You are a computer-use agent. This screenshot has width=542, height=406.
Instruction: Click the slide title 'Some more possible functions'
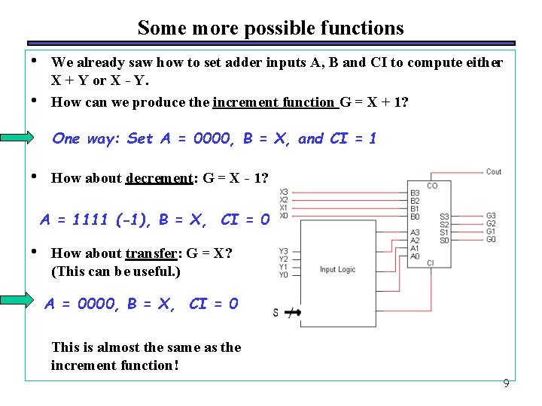270,29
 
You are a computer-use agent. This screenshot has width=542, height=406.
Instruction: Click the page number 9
506,383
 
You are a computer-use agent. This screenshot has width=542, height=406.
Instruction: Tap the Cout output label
494,171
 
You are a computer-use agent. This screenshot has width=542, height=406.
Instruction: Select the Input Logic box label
338,269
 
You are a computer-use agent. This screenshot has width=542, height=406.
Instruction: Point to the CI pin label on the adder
431,262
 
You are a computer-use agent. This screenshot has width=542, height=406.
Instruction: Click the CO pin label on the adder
432,186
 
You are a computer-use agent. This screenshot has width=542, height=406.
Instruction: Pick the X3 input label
283,192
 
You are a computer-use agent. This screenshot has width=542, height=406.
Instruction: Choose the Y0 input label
283,275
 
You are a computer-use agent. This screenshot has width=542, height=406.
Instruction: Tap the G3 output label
492,216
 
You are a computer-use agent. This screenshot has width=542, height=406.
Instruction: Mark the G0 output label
492,240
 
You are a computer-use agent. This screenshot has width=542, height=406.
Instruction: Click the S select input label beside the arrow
276,312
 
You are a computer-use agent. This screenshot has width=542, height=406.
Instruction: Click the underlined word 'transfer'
150,253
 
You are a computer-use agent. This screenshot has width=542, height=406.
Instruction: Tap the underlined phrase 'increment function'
274,102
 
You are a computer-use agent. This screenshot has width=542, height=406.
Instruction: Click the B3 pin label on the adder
415,192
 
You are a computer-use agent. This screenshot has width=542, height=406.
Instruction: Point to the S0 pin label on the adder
444,241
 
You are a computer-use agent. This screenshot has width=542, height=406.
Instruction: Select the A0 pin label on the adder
415,256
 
